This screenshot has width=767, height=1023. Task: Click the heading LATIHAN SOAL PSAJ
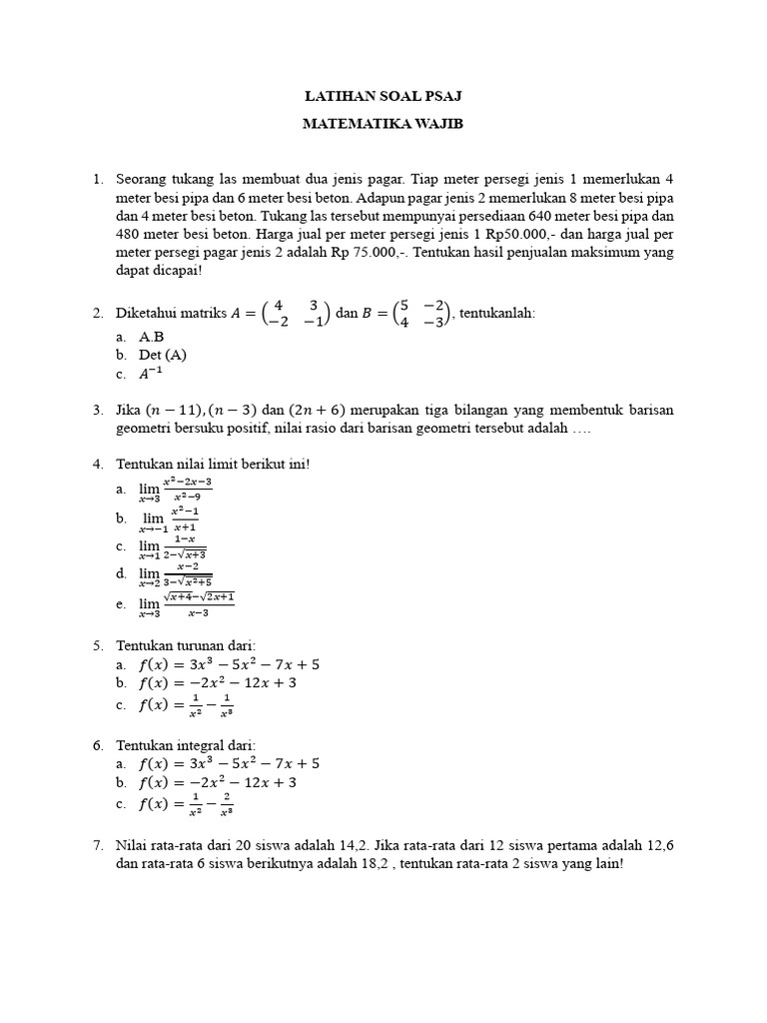tap(383, 96)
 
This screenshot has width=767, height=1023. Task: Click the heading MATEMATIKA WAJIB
tap(383, 125)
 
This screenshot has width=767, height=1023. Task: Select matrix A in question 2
tap(295, 313)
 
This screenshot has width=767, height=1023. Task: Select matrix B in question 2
tap(422, 313)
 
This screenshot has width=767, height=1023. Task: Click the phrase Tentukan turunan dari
tap(186, 644)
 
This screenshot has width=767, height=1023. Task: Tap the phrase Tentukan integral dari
tap(187, 744)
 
